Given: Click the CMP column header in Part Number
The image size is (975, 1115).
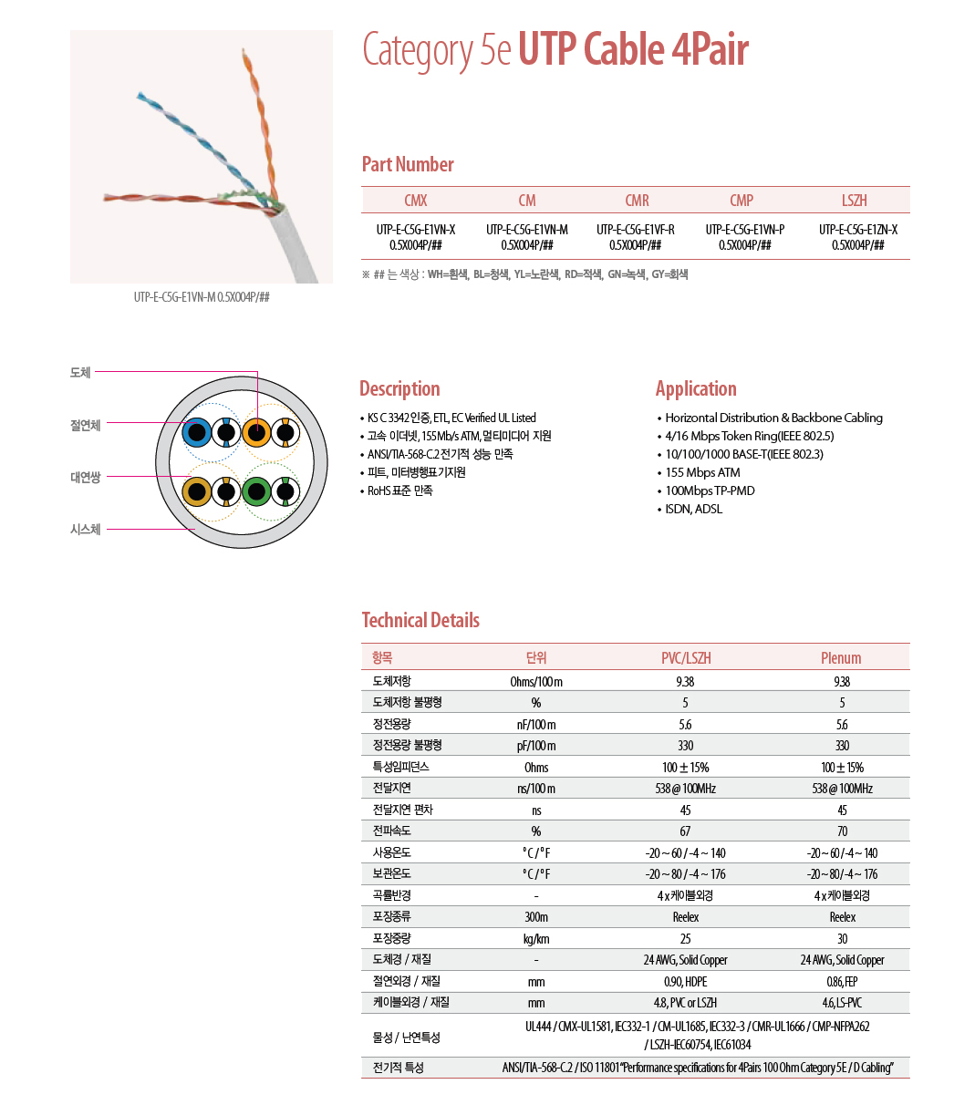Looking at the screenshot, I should coord(742,201).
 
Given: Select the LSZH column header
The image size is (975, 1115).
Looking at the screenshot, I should coord(855,201).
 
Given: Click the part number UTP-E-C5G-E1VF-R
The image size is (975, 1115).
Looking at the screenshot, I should coord(636,230).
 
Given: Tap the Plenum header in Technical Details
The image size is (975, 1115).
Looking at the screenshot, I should coord(841,658).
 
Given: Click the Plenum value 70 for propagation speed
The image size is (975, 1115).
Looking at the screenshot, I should coord(842,831).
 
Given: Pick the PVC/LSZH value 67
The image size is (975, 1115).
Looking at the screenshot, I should coord(685,831).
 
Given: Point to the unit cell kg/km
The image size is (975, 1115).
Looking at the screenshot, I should coord(536,939).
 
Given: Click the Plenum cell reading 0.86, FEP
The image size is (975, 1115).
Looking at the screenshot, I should coord(842,982).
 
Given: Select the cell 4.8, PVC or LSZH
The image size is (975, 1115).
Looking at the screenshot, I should coord(685,1003).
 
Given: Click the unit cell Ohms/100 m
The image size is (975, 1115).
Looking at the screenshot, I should coord(536,682).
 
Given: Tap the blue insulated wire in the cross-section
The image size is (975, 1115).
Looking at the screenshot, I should coord(196,431).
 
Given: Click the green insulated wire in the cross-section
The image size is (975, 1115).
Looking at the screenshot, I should coord(256,492).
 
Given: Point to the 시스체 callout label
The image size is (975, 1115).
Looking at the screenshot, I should coord(86,530).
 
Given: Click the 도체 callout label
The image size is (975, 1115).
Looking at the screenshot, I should coord(80,373).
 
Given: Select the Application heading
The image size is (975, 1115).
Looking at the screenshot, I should coord(696,389).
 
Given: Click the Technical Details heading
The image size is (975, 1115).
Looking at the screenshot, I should coord(420,621).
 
